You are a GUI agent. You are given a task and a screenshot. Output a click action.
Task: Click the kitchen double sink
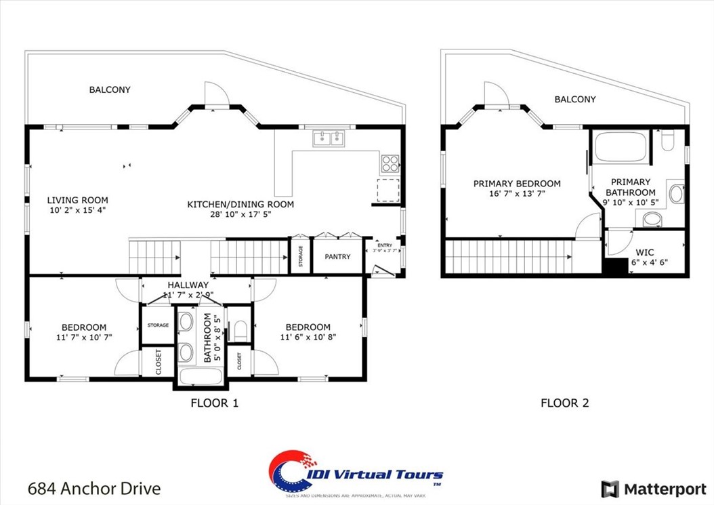[x=329, y=140]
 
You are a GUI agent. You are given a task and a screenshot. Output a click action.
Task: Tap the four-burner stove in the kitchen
[x=390, y=163]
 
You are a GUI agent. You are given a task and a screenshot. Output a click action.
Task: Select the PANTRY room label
[x=337, y=257]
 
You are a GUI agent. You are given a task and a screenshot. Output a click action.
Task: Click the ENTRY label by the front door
[x=384, y=245]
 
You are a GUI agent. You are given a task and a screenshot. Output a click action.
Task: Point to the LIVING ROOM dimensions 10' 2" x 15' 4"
[x=77, y=210]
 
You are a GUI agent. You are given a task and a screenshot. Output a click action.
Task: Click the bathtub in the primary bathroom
[x=620, y=147]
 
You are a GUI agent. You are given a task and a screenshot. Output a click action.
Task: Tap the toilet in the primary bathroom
[x=667, y=141]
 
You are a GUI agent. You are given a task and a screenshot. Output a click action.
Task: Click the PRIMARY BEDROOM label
[x=517, y=184]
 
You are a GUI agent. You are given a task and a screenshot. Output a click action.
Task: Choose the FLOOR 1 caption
[x=214, y=403]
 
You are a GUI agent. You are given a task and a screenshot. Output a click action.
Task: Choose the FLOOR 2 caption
[x=564, y=403]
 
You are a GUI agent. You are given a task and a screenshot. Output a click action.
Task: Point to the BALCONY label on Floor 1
[x=110, y=89]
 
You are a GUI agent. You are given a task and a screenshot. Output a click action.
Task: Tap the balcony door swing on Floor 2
[x=492, y=93]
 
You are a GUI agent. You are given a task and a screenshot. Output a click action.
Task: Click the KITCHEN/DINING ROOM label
[x=240, y=204]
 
